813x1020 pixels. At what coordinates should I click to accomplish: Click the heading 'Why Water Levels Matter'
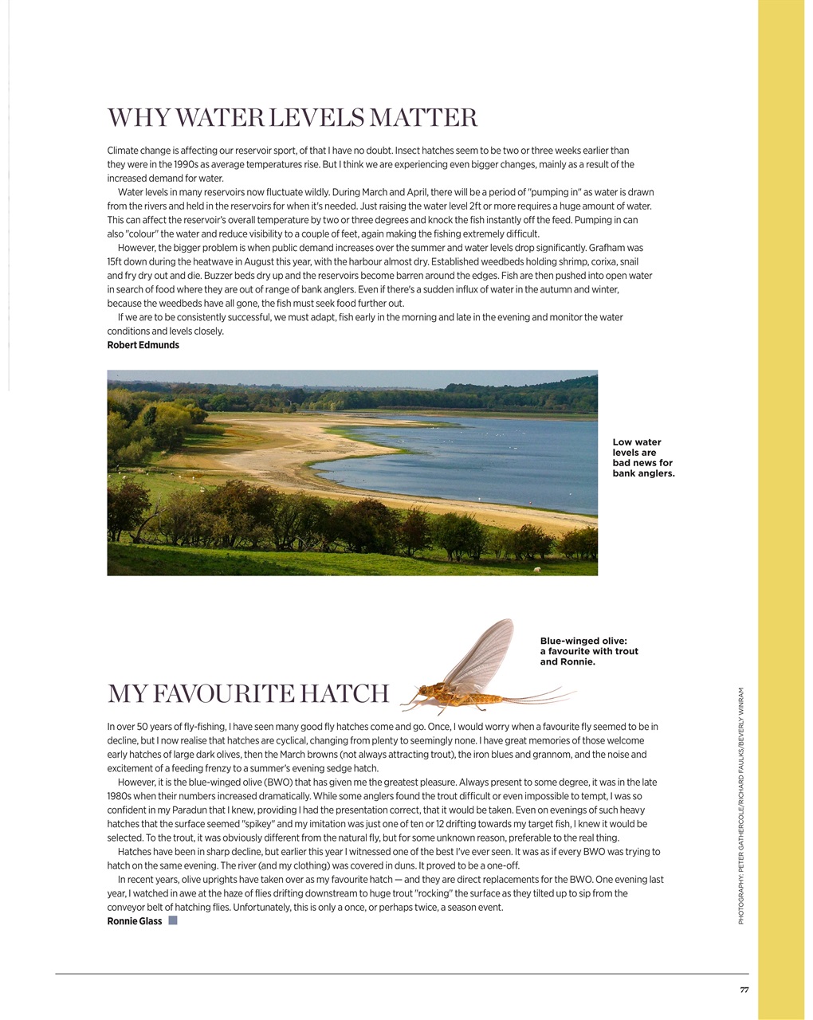point(292,118)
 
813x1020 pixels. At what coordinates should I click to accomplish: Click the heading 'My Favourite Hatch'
point(248,694)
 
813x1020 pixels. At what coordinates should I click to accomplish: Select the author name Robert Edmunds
point(143,345)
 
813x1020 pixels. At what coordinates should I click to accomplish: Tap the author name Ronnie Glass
point(134,921)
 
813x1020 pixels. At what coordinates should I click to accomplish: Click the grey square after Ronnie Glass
point(173,920)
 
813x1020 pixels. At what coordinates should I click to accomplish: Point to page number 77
point(744,991)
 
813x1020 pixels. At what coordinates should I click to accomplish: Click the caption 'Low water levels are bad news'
point(642,457)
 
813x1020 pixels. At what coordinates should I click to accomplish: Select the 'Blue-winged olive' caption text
point(589,651)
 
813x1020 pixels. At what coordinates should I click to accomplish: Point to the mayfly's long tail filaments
point(542,698)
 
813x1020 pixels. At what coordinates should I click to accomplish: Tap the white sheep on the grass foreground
point(536,570)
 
